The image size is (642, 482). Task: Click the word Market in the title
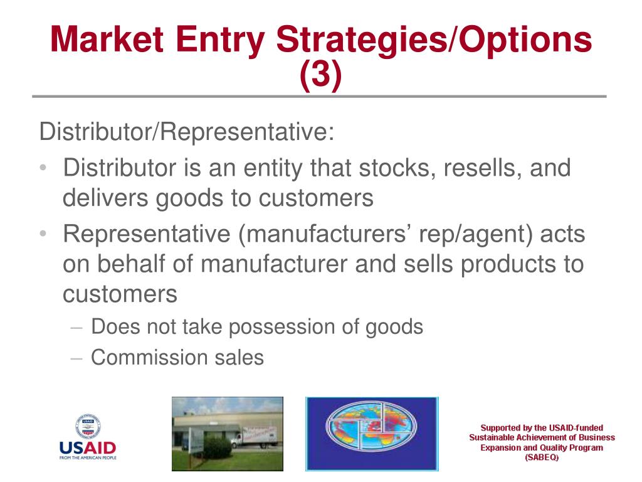click(x=107, y=40)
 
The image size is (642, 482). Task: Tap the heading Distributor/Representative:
click(x=187, y=132)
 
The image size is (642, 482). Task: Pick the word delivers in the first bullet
click(x=105, y=198)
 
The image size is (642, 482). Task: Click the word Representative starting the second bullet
click(x=147, y=235)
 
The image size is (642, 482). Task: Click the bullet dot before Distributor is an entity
click(x=43, y=168)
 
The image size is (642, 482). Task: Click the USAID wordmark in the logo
click(x=88, y=447)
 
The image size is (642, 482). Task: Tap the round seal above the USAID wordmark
click(x=88, y=426)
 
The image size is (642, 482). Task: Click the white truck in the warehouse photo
click(x=254, y=437)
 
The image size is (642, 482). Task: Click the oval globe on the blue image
click(x=371, y=427)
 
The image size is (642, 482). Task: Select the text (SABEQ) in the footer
click(x=542, y=458)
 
